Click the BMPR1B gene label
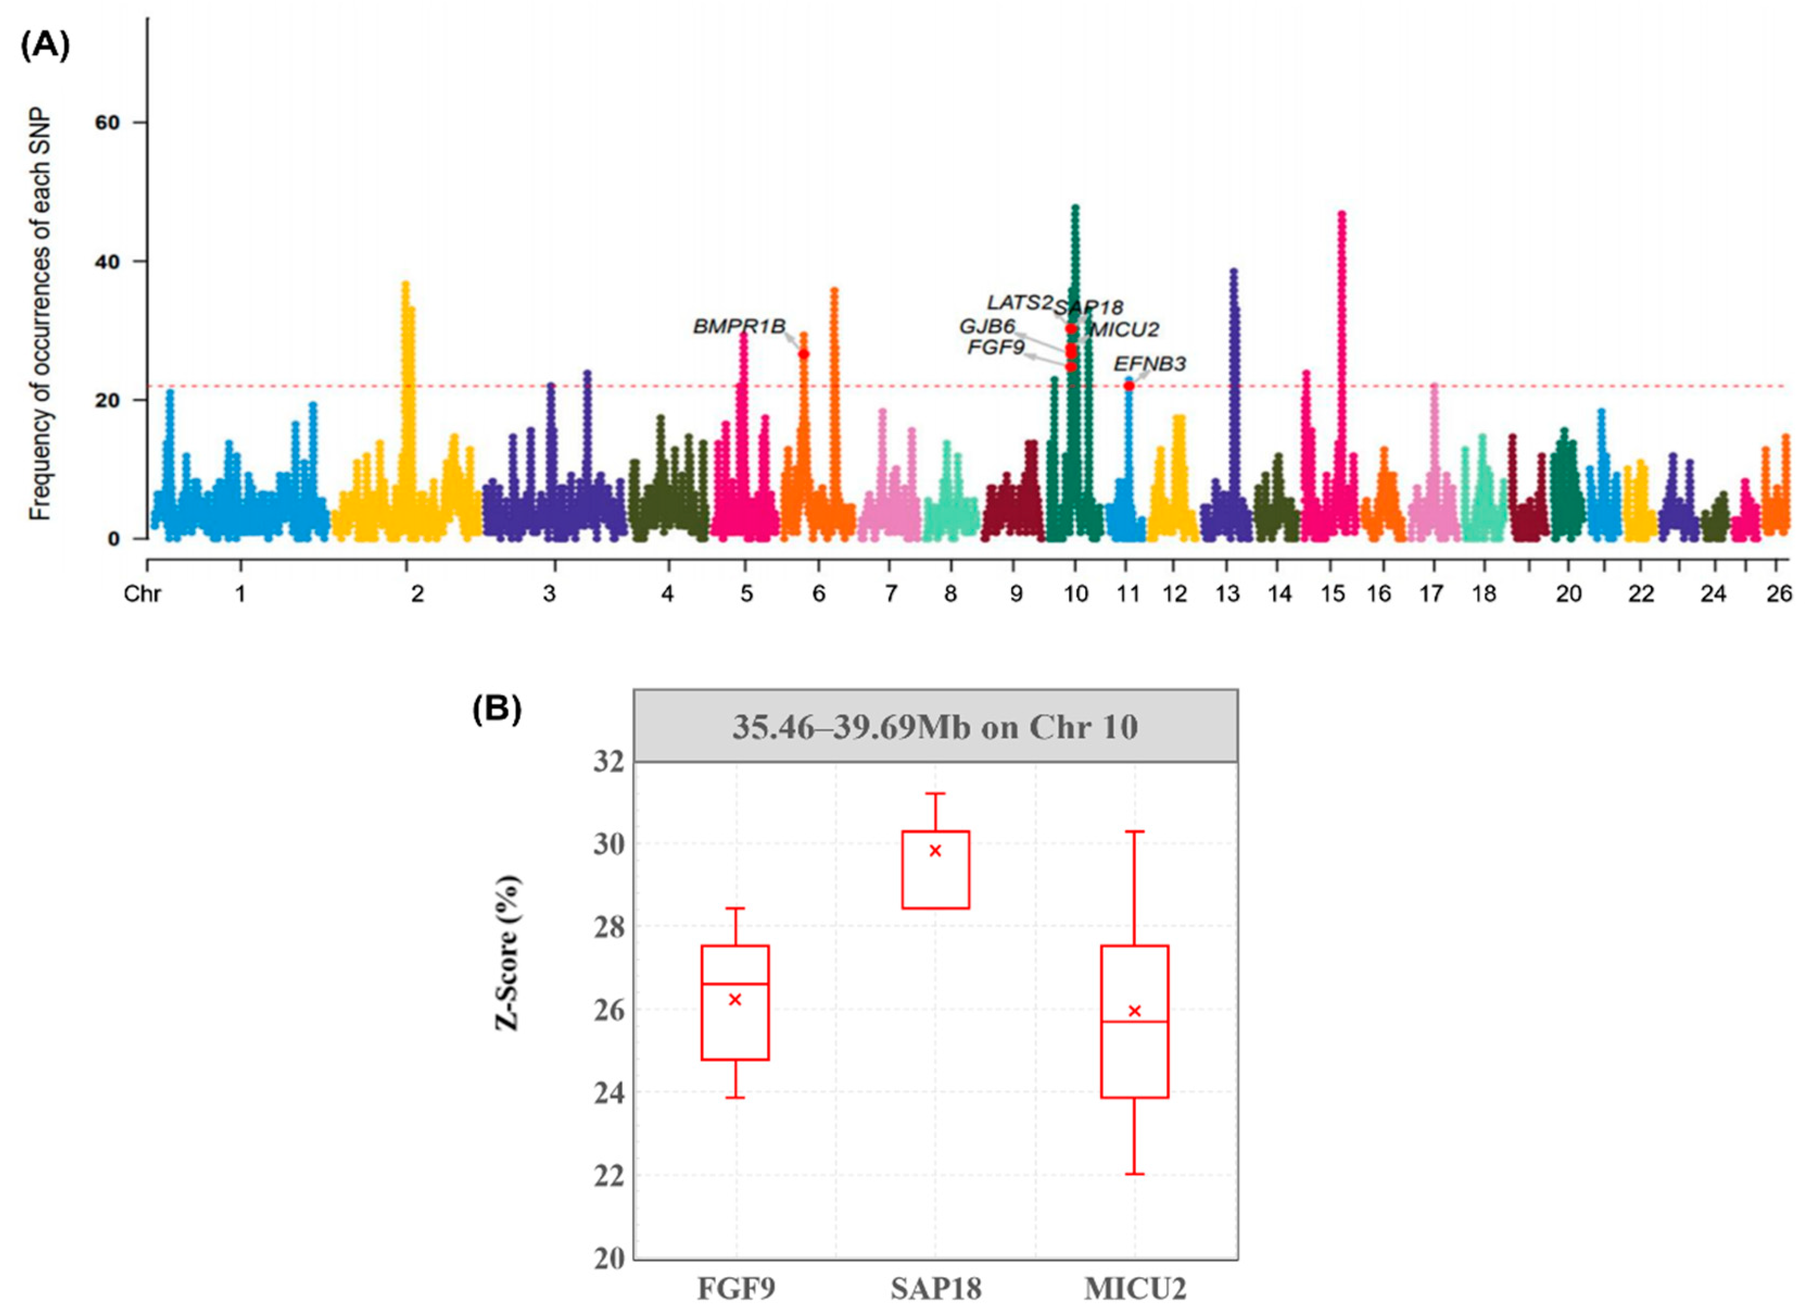[739, 327]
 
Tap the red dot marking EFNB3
[1129, 385]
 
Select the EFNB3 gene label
[1149, 364]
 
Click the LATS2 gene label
[1019, 303]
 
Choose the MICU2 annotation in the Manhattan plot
[1124, 329]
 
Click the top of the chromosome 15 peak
[1342, 213]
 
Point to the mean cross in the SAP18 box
[935, 851]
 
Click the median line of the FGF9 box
[734, 984]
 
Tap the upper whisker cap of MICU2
[1134, 831]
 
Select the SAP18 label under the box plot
[935, 1288]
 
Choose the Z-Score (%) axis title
[508, 953]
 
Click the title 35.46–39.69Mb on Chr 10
[935, 726]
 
